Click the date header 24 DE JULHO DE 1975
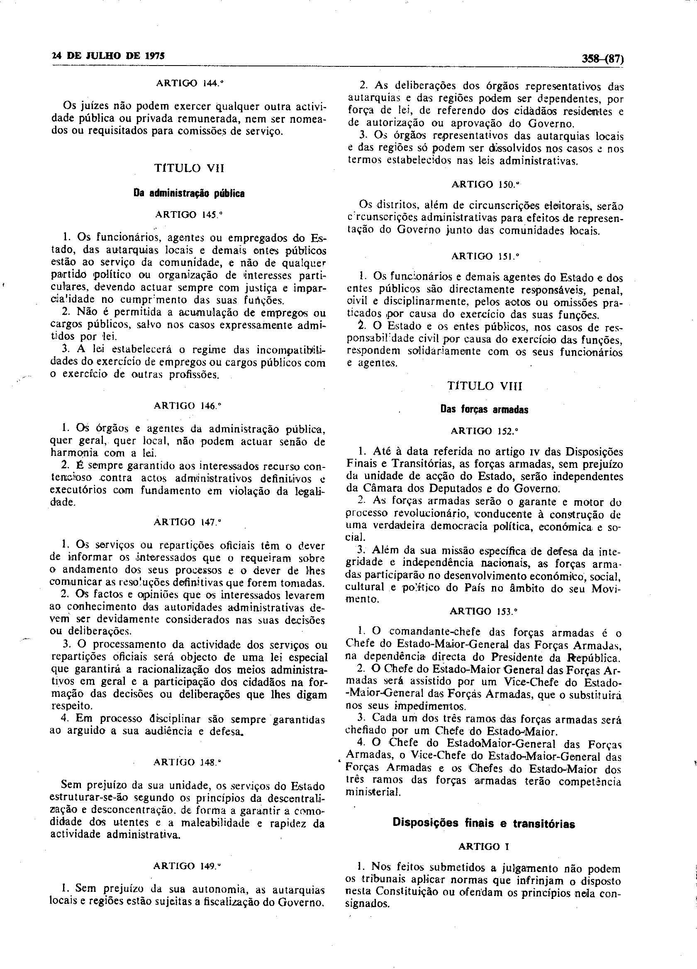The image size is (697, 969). click(108, 56)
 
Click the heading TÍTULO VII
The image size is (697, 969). click(189, 168)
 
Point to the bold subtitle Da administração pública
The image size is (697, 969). click(189, 194)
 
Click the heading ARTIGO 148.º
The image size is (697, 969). click(188, 762)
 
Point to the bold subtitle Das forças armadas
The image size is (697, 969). click(484, 410)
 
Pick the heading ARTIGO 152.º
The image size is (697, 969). click(485, 431)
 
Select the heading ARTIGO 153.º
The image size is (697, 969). click(484, 611)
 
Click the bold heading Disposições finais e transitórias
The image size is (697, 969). click(484, 823)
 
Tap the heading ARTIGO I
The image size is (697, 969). click(484, 846)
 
